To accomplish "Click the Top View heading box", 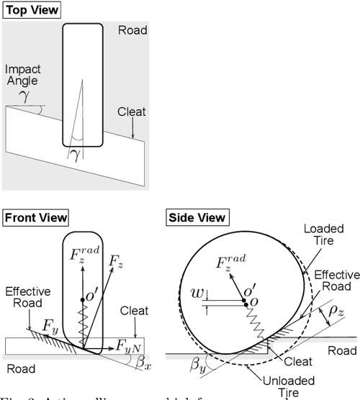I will [x=31, y=11].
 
